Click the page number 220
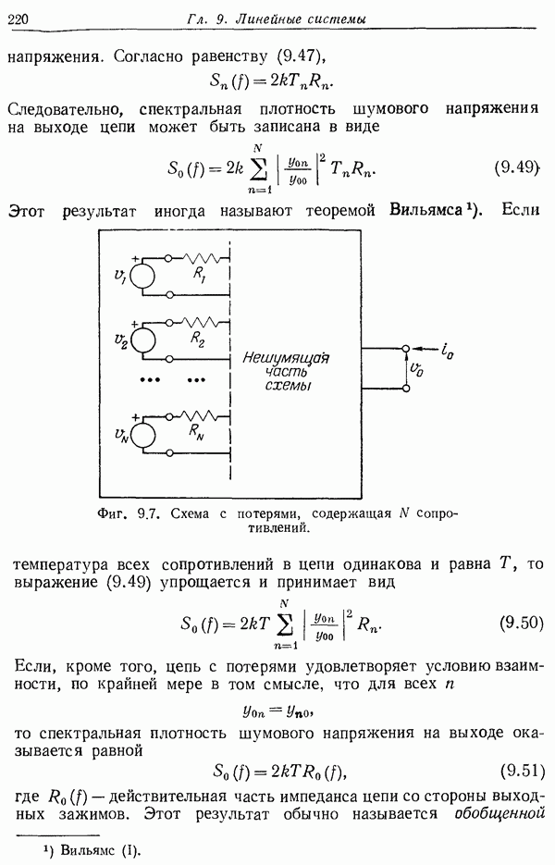pyautogui.click(x=18, y=19)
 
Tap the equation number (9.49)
pyautogui.click(x=515, y=167)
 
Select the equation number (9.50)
pyautogui.click(x=522, y=623)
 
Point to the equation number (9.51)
pyautogui.click(x=522, y=771)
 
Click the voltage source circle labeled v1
pyautogui.click(x=142, y=276)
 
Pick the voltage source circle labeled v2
pyautogui.click(x=142, y=340)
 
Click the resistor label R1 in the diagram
pyautogui.click(x=199, y=276)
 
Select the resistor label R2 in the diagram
pyautogui.click(x=198, y=339)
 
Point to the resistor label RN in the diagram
pyautogui.click(x=196, y=431)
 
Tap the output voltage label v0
pyautogui.click(x=417, y=370)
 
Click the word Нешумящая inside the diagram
pyautogui.click(x=286, y=359)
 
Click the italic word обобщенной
pyautogui.click(x=499, y=814)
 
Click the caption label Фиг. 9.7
pyautogui.click(x=129, y=514)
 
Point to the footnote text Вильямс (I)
pyautogui.click(x=101, y=850)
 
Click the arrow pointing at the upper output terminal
pyautogui.click(x=425, y=349)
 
